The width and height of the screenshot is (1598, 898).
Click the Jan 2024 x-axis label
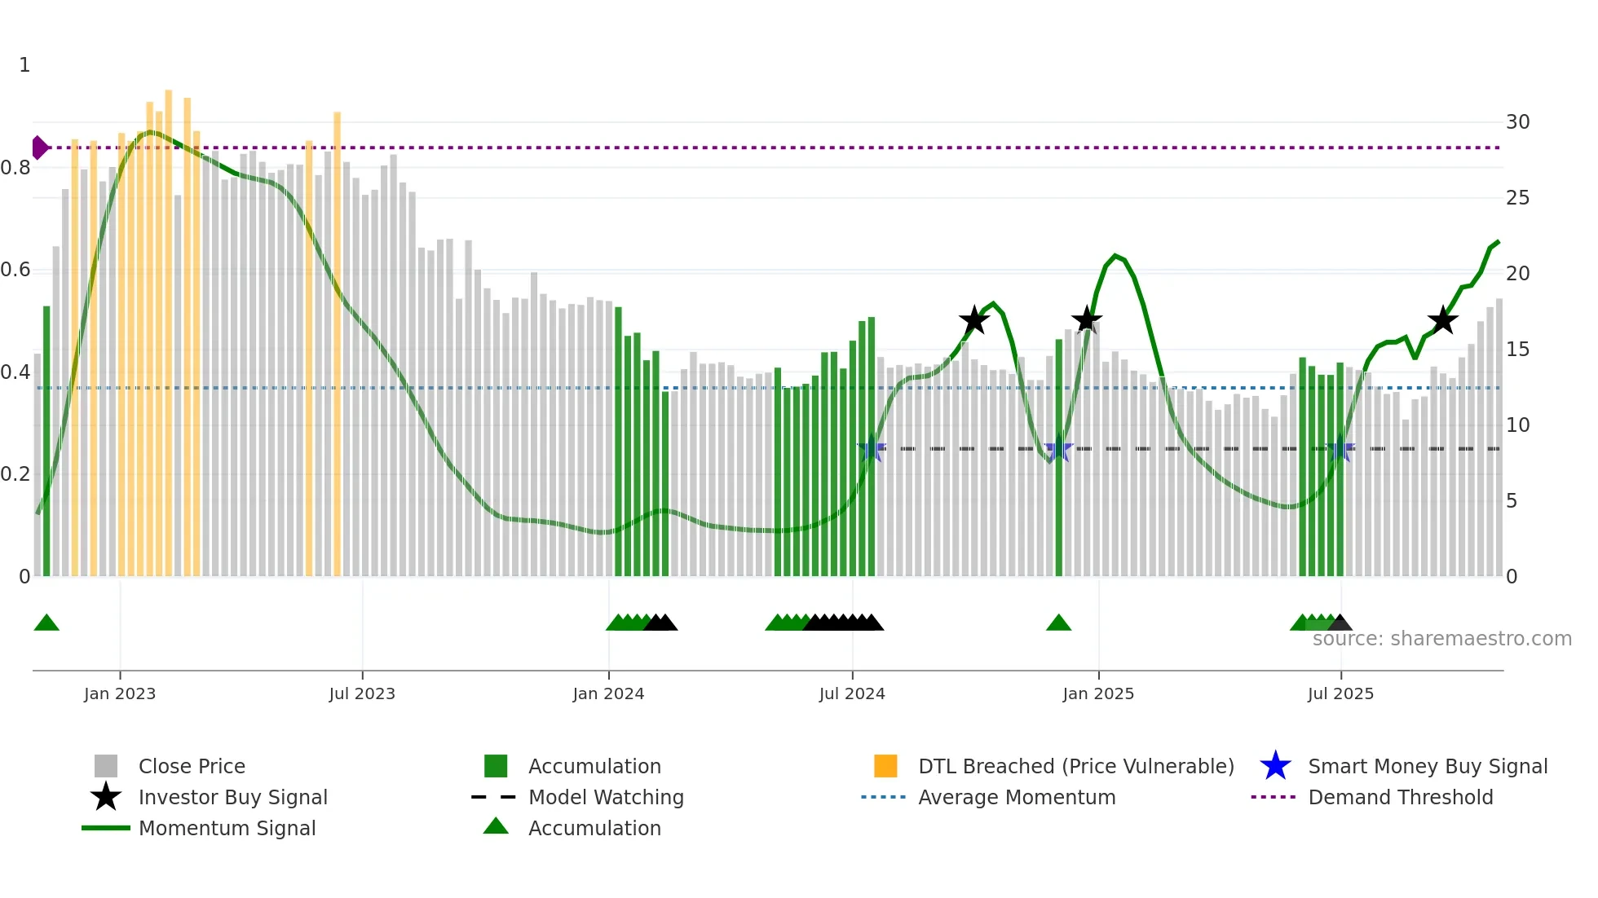point(608,693)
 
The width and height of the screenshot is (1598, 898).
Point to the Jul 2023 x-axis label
point(362,693)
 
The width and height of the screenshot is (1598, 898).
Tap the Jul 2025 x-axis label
point(1340,693)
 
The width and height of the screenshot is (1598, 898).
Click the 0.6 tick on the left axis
point(15,270)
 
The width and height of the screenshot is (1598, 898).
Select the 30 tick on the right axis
point(1517,122)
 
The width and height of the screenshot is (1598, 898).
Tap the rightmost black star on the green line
point(1442,320)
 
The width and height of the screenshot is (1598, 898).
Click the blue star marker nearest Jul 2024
point(872,448)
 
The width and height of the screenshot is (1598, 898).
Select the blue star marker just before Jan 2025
point(1058,448)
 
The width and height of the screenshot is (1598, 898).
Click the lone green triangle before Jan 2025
point(1058,623)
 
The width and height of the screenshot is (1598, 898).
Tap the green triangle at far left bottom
point(46,623)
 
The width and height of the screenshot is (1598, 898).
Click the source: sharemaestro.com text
point(1441,639)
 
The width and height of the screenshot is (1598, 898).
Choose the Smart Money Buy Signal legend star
point(1275,766)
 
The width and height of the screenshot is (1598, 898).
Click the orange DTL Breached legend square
point(885,766)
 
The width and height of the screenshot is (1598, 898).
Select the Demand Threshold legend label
point(1400,797)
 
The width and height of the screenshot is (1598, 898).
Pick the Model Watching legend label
point(606,797)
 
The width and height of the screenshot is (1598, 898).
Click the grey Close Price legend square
point(106,766)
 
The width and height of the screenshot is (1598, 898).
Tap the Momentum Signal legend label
point(227,828)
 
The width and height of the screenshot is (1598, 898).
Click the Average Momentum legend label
point(1017,797)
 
